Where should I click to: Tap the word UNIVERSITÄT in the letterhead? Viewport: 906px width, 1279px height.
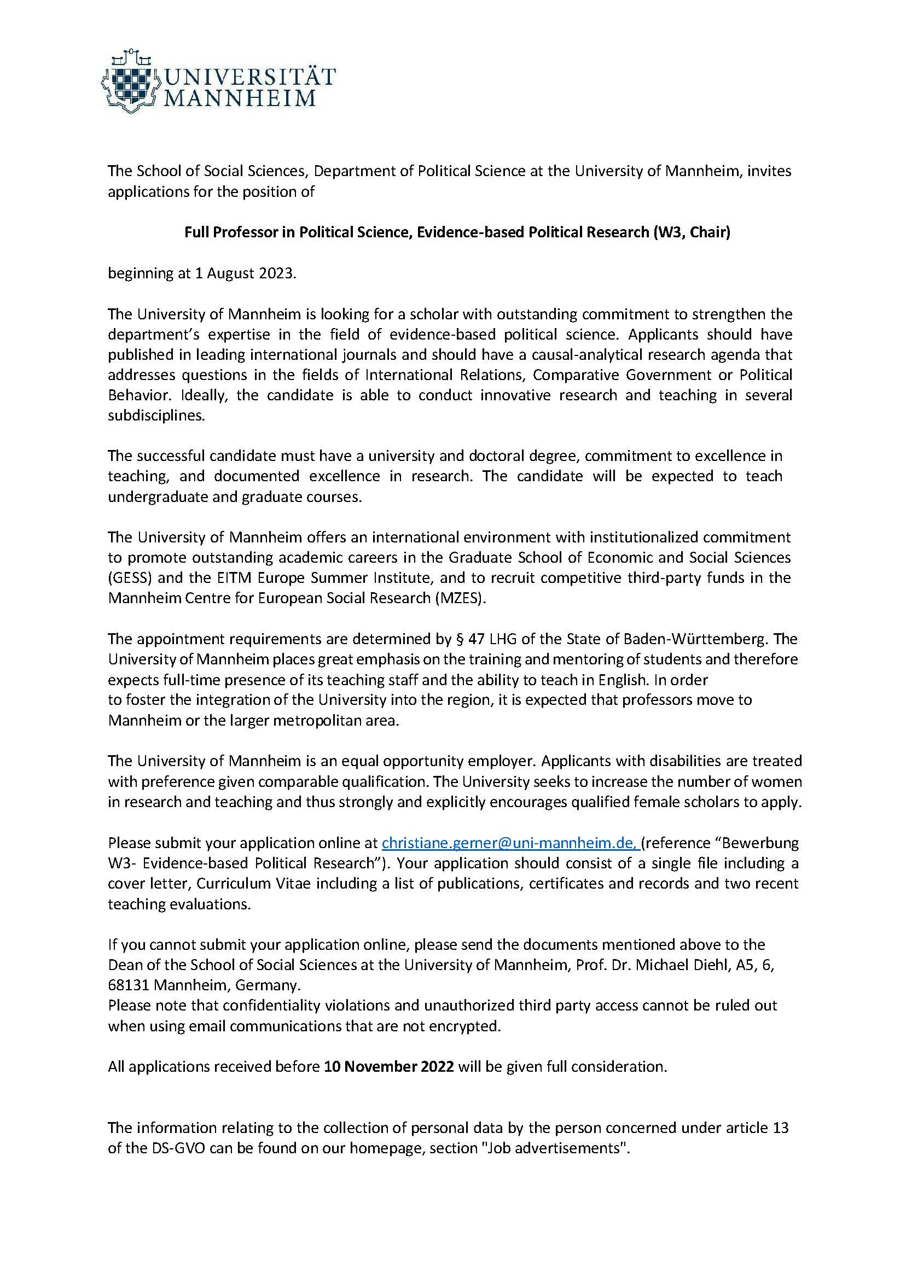click(248, 77)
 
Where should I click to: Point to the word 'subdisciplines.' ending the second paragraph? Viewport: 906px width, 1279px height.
click(157, 416)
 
